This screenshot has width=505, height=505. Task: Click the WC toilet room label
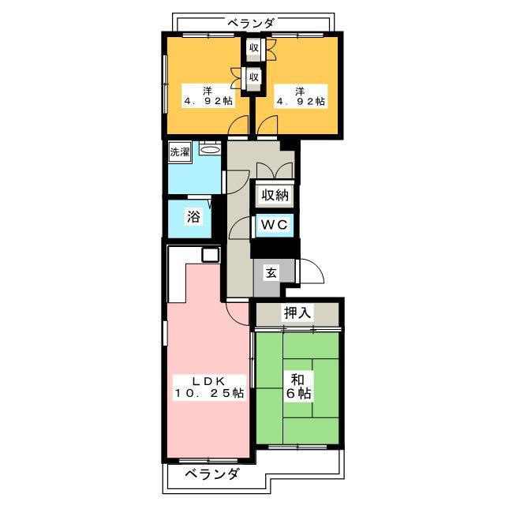274,224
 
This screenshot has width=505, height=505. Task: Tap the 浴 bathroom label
193,216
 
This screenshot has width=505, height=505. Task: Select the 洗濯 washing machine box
180,151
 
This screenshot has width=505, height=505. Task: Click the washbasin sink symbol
210,149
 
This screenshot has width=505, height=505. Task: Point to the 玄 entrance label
271,273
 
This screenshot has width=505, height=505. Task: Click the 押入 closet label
297,312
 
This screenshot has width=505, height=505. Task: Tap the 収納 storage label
275,195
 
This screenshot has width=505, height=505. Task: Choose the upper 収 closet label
254,48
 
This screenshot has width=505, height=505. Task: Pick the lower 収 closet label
254,77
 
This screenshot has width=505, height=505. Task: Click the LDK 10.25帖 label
209,387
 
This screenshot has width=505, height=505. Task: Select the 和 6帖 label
298,387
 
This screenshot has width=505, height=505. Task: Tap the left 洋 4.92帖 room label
208,96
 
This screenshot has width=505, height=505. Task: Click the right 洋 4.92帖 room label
301,96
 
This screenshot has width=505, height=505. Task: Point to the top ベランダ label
252,24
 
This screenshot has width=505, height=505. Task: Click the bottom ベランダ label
213,474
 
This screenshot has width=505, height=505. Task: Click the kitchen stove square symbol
211,255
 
